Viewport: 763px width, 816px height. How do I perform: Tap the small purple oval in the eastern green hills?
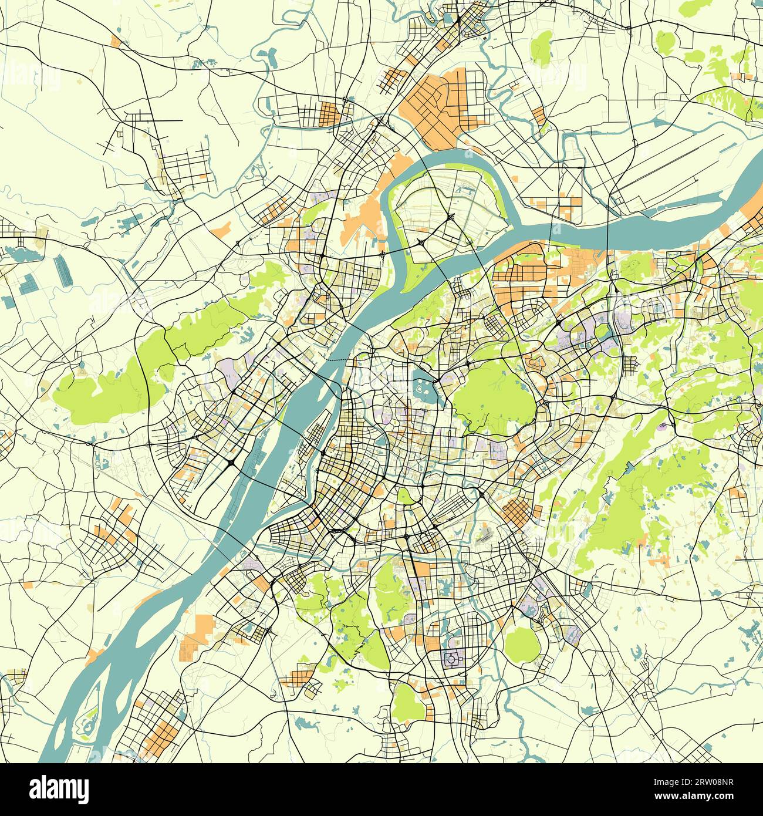664,424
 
